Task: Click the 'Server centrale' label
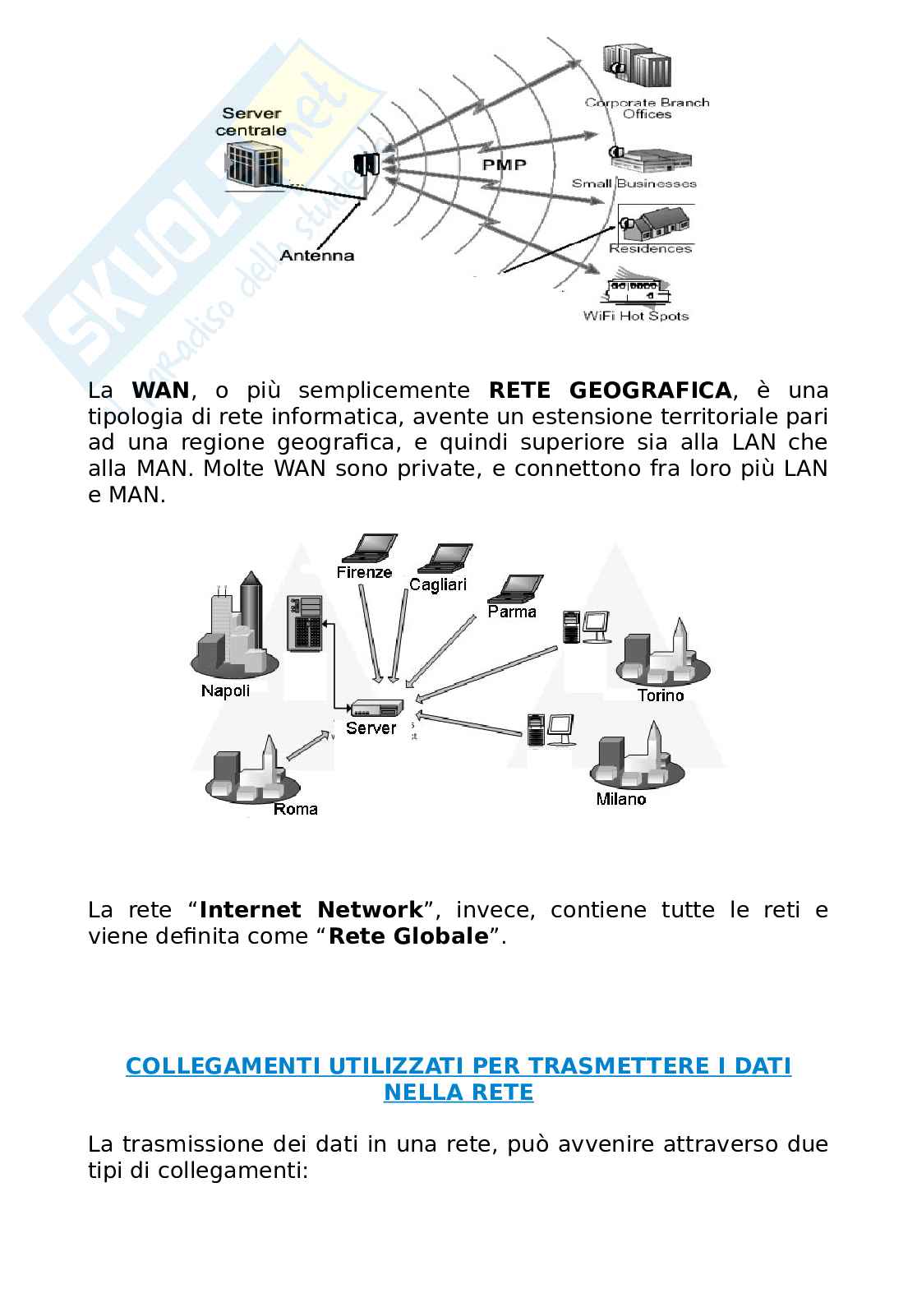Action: coord(251,122)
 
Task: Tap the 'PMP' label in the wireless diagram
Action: coord(504,164)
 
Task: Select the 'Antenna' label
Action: coord(317,256)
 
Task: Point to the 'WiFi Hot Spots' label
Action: coord(635,316)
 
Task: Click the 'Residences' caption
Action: coord(650,248)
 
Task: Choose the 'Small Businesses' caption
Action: coord(634,183)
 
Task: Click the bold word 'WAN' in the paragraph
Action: coord(160,390)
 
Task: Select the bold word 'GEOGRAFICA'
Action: coord(650,390)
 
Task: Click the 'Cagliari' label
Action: coord(438,584)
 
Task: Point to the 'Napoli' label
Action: coord(225,691)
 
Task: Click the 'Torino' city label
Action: coord(661,695)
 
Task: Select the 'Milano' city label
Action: coord(621,799)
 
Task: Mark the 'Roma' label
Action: coord(295,809)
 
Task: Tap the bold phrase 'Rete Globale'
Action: coord(408,936)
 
